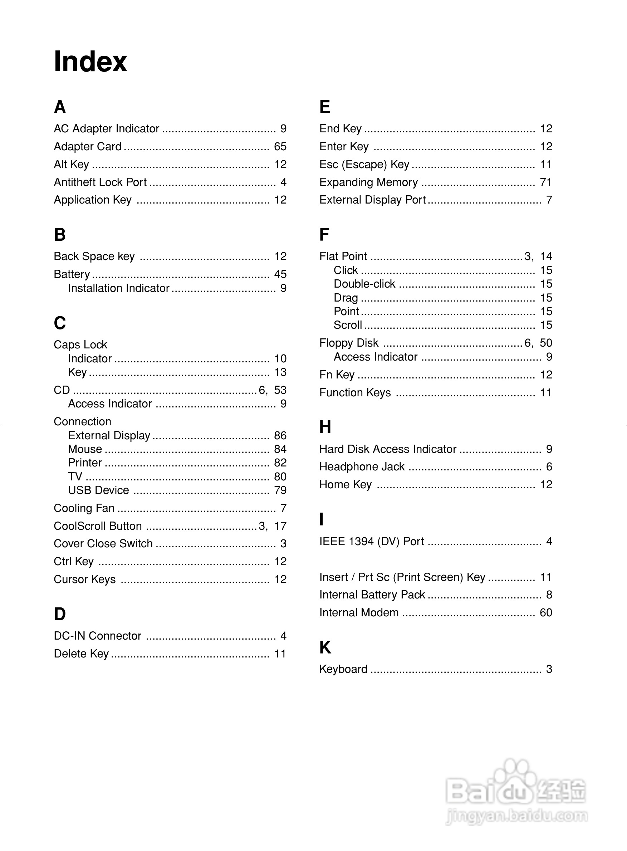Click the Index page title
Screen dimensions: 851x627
click(90, 62)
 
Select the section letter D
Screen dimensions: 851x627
click(60, 614)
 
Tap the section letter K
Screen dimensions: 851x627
click(325, 647)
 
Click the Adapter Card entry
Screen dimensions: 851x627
click(88, 147)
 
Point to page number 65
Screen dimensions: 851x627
click(280, 147)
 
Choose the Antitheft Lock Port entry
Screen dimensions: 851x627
click(100, 182)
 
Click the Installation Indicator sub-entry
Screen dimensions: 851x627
click(118, 288)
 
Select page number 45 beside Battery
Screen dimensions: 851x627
click(280, 274)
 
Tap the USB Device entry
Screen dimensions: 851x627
click(98, 490)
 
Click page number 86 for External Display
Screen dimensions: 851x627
click(280, 435)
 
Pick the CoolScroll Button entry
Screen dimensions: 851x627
click(98, 526)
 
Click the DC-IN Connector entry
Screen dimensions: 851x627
click(98, 636)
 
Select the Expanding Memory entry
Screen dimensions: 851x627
click(368, 182)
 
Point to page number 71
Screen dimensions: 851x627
click(546, 182)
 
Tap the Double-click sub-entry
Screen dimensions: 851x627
click(364, 284)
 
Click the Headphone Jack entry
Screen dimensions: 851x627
click(362, 466)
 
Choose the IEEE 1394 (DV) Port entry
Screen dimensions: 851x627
click(372, 541)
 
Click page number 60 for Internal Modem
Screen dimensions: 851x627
click(546, 613)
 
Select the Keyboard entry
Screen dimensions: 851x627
click(343, 669)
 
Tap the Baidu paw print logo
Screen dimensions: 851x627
click(515, 778)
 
